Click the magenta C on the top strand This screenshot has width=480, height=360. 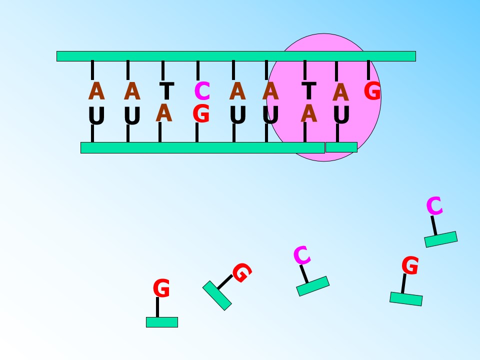(202, 91)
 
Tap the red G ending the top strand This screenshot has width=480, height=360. (372, 90)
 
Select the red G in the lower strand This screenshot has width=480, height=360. (201, 113)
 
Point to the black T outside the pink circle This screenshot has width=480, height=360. (167, 91)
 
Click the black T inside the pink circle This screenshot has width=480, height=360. (309, 91)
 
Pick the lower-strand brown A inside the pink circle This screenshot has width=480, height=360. (308, 113)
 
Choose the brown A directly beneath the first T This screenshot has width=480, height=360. (164, 112)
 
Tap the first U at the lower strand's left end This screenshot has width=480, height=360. (96, 115)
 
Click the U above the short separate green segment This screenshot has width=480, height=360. (341, 115)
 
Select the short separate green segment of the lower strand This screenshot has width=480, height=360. (341, 147)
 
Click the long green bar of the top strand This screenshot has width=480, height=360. (236, 56)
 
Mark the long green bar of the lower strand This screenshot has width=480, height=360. (202, 147)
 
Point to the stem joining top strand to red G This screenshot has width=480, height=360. (368, 70)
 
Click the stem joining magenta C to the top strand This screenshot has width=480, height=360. (198, 70)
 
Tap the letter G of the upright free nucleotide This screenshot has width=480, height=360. (161, 288)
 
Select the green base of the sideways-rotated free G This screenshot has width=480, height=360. (217, 295)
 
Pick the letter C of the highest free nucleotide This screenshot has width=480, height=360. (434, 206)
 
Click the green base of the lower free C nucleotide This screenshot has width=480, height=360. (313, 286)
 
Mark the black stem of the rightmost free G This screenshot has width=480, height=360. (404, 283)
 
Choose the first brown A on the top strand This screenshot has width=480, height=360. (96, 90)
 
